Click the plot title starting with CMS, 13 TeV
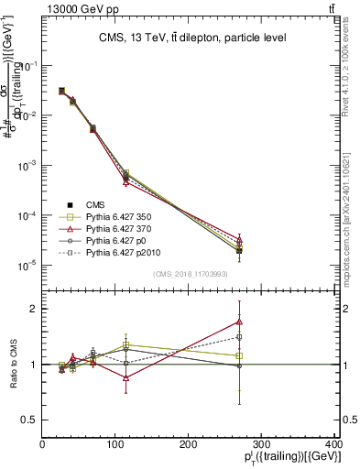tap(191, 38)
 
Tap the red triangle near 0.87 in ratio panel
tap(125, 377)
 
